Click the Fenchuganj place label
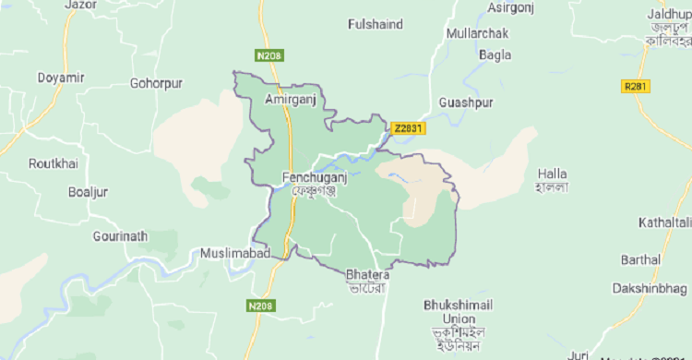click(x=313, y=175)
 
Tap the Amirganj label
click(x=290, y=98)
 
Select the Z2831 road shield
click(x=408, y=129)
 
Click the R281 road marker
click(x=634, y=86)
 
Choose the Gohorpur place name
click(x=158, y=83)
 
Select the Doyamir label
click(x=61, y=78)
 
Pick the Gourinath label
click(x=120, y=236)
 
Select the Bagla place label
click(x=495, y=54)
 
